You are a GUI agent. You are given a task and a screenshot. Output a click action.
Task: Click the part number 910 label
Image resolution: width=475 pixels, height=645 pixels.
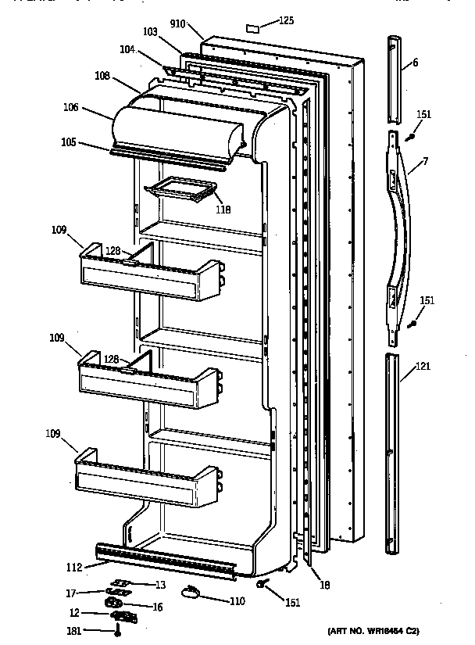pyautogui.click(x=178, y=24)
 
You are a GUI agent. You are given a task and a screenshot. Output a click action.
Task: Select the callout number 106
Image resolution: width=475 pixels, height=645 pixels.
pyautogui.click(x=71, y=108)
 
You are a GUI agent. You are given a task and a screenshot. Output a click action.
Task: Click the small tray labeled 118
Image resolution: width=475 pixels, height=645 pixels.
pyautogui.click(x=181, y=190)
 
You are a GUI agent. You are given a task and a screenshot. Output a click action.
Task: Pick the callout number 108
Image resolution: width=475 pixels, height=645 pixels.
pyautogui.click(x=102, y=77)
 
